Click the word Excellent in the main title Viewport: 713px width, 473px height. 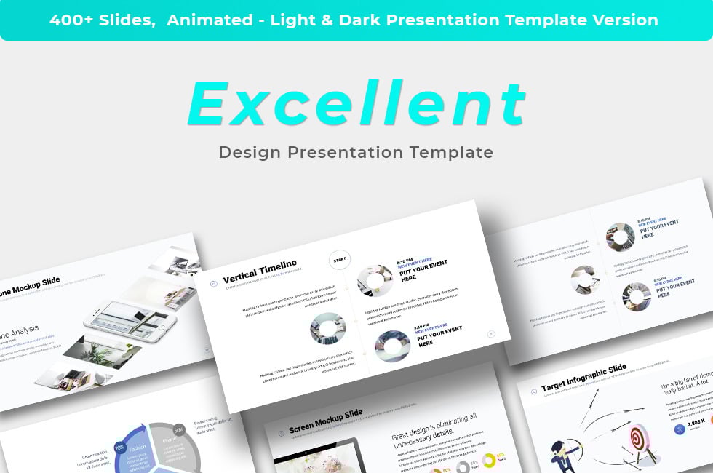(356, 104)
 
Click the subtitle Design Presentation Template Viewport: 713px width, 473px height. (356, 152)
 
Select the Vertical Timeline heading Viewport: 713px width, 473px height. (260, 271)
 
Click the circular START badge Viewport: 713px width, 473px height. (339, 259)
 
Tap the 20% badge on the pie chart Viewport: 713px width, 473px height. (119, 448)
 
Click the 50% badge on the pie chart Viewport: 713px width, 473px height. (178, 430)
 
